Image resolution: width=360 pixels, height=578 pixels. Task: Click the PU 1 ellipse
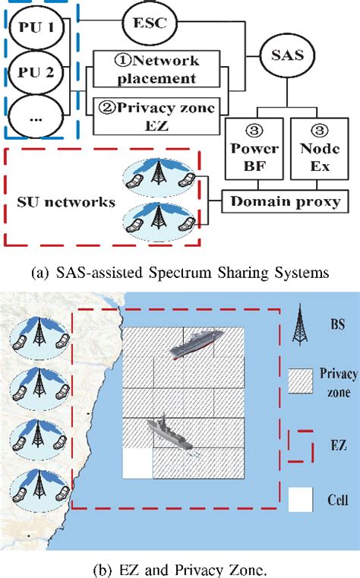tap(38, 31)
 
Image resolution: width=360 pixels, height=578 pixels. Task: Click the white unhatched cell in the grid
tap(137, 463)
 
